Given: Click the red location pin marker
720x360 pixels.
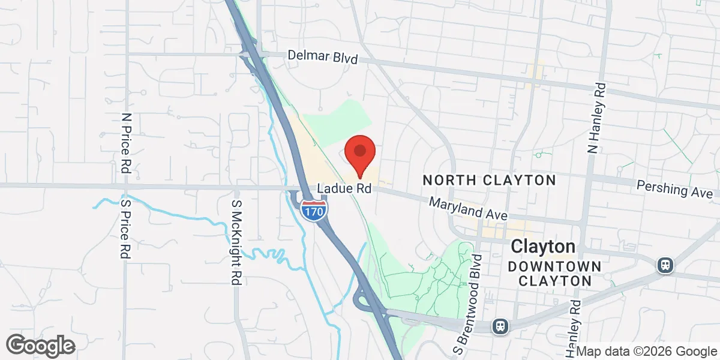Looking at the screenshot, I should (360, 153).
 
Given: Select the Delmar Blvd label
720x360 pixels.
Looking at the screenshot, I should (322, 57).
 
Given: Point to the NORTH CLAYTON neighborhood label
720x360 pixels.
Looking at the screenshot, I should (489, 180).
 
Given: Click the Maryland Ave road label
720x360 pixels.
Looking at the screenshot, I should (469, 209).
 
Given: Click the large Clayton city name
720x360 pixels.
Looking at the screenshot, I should (543, 247).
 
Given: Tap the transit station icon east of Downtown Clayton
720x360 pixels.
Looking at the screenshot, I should (665, 265).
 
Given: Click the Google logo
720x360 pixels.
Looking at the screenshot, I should (40, 346).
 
